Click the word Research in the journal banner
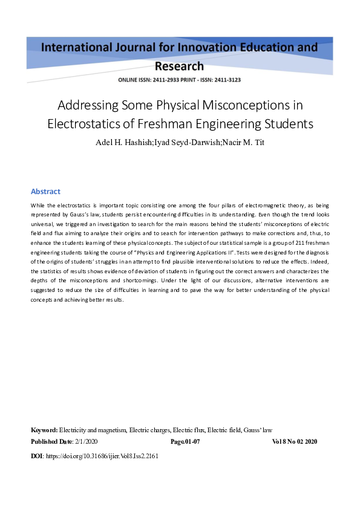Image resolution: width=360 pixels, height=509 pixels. coord(179,66)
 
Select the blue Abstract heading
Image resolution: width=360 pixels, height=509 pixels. coord(45,191)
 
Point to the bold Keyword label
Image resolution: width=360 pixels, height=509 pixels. coord(44,430)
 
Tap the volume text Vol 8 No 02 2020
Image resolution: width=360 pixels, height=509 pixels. coord(295,442)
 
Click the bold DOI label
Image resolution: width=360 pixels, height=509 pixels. coord(36,456)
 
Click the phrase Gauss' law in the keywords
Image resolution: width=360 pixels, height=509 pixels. coord(258,430)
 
